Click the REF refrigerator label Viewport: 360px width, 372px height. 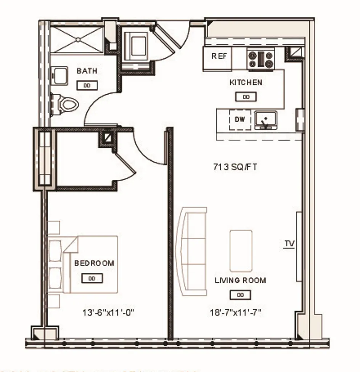pyautogui.click(x=219, y=56)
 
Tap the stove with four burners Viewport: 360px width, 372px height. pyautogui.click(x=261, y=60)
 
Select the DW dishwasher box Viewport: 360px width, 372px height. pyautogui.click(x=239, y=120)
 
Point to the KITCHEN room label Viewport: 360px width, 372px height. pyautogui.click(x=246, y=82)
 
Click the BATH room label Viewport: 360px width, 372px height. pyautogui.click(x=87, y=71)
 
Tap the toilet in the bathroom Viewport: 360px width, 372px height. pyautogui.click(x=67, y=103)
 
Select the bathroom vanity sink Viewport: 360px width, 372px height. pyautogui.click(x=59, y=76)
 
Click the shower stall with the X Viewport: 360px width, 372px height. pyautogui.click(x=77, y=39)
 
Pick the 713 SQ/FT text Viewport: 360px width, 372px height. pyautogui.click(x=235, y=167)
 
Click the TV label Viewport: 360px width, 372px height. pyautogui.click(x=289, y=243)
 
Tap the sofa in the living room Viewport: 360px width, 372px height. pyautogui.click(x=191, y=252)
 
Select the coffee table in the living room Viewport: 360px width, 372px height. pyautogui.click(x=241, y=250)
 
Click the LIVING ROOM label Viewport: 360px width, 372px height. pyautogui.click(x=240, y=280)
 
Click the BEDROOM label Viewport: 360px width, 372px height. pyautogui.click(x=94, y=263)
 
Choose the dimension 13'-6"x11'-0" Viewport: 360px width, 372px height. pyautogui.click(x=108, y=313)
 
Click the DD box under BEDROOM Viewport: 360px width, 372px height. pyautogui.click(x=92, y=279)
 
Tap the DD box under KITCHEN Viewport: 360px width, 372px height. pyautogui.click(x=246, y=97)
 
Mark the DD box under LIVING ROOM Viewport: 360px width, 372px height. pyautogui.click(x=240, y=295)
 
